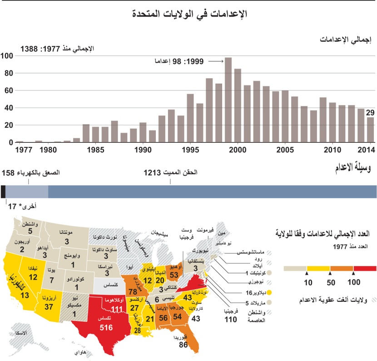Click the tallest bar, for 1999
228,100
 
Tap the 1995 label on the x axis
190,150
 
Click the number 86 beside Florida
184,345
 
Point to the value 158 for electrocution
9,173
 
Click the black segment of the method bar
3,191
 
